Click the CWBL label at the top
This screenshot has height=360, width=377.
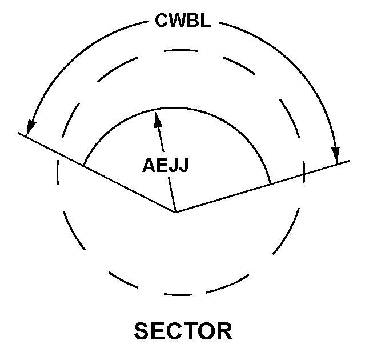pyautogui.click(x=183, y=20)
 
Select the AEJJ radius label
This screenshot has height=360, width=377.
pyautogui.click(x=166, y=165)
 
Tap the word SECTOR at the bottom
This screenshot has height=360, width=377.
pyautogui.click(x=183, y=331)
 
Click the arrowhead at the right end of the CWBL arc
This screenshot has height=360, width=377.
pyautogui.click(x=336, y=155)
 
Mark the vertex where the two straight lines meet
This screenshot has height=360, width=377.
pyautogui.click(x=175, y=213)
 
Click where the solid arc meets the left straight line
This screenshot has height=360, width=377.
pyautogui.click(x=83, y=165)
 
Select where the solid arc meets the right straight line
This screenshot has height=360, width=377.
pyautogui.click(x=271, y=185)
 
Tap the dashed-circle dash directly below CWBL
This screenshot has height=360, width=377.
pyautogui.click(x=181, y=50)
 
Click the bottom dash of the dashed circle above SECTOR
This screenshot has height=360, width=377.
pyautogui.click(x=178, y=294)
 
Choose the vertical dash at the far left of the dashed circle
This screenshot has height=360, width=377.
pyautogui.click(x=58, y=172)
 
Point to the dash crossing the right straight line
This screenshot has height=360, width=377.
pyautogui.click(x=304, y=172)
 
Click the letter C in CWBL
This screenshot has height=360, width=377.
pyautogui.click(x=161, y=20)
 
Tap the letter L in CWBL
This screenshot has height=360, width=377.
pyautogui.click(x=206, y=20)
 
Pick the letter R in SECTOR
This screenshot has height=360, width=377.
pyautogui.click(x=225, y=331)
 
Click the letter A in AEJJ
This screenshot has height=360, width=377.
pyautogui.click(x=149, y=165)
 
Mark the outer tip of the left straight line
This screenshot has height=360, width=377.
pyautogui.click(x=18, y=133)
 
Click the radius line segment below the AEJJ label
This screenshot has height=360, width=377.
pyautogui.click(x=172, y=195)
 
